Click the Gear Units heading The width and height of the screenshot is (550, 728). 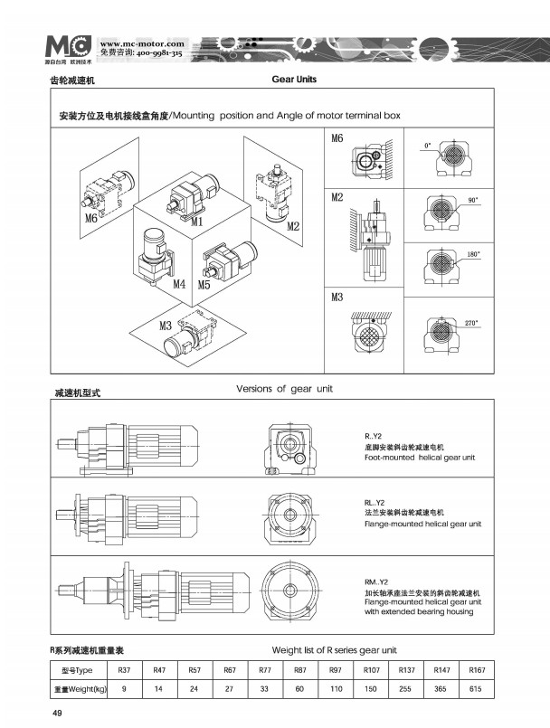(294, 80)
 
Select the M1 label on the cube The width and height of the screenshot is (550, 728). (195, 220)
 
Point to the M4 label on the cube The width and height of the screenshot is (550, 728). (179, 284)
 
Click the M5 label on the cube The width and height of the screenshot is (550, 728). (204, 284)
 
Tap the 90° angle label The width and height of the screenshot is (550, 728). (472, 198)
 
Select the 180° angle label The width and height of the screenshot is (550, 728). (473, 255)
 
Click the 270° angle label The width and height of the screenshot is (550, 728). (471, 323)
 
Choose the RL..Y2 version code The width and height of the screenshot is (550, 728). (364, 503)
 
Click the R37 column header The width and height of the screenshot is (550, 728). (125, 671)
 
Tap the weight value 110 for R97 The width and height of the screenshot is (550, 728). (336, 690)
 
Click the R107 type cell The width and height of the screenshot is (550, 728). (370, 671)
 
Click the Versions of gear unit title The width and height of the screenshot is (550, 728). (284, 389)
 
